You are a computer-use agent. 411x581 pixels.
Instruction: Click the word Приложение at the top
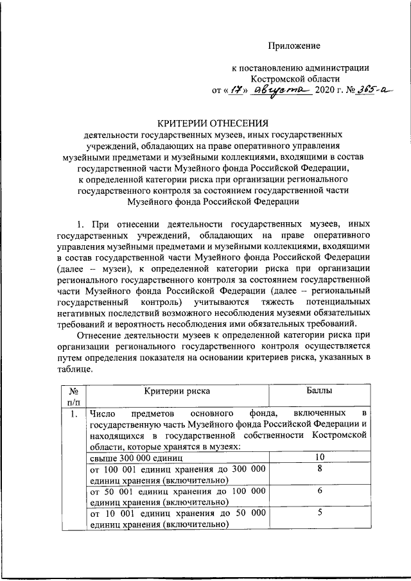[x=294, y=45]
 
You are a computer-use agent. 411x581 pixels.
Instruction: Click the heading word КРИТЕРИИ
[x=185, y=123]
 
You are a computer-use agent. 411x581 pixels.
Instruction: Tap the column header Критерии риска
[x=177, y=390]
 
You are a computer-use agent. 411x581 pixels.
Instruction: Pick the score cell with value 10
[x=319, y=457]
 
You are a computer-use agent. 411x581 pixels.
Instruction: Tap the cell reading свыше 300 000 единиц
[x=137, y=458]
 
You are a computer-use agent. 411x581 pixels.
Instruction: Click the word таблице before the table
[x=74, y=370]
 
